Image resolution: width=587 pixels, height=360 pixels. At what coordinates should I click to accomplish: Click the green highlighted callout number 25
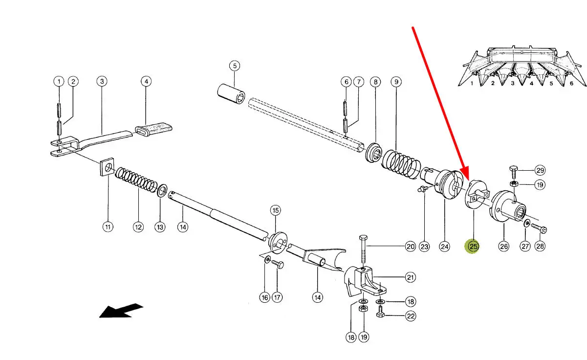(473, 247)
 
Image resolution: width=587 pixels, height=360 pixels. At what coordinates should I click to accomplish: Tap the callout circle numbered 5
(234, 66)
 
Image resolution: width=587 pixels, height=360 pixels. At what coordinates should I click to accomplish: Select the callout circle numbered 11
(108, 226)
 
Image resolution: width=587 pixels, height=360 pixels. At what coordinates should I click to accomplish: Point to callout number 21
(411, 277)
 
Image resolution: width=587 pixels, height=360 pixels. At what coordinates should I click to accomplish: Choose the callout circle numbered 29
(540, 170)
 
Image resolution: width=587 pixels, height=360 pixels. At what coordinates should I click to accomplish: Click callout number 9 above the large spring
(395, 82)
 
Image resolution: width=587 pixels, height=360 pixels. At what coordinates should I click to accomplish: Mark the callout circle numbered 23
(424, 247)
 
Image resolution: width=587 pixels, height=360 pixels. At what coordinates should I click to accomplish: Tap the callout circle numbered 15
(276, 210)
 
